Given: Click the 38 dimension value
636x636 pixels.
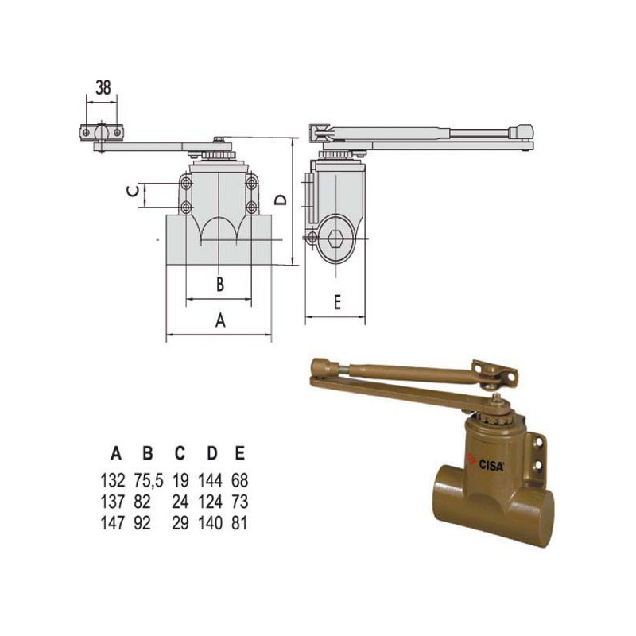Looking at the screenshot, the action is pos(103,87).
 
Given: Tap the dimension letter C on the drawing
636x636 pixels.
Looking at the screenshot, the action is pos(133,191).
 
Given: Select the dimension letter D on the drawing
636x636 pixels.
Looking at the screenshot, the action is pos(281,200).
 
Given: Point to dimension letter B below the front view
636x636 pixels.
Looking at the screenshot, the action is pos(220,284).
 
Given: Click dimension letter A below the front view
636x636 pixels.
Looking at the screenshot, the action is pos(220,320).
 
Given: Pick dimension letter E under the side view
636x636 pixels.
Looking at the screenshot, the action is pos(337,302).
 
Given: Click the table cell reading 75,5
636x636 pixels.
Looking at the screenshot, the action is pos(149,480).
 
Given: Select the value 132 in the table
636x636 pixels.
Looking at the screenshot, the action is pos(113,480).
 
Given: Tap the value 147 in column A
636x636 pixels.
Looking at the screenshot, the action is pos(113,523).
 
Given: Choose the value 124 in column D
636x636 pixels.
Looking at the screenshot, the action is pos(210,502).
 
